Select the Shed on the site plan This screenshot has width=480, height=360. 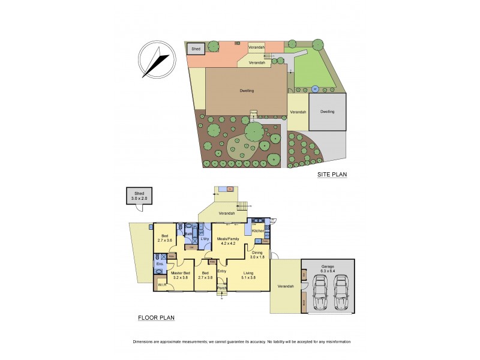(195, 49)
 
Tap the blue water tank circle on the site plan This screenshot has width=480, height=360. (314, 89)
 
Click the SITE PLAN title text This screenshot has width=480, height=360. (333, 175)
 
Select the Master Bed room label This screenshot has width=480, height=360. (180, 274)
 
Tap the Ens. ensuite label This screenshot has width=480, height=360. (160, 264)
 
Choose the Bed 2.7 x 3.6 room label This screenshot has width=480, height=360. (164, 238)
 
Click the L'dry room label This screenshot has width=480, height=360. (204, 239)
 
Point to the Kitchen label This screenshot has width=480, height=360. (258, 231)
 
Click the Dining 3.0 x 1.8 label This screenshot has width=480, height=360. (257, 254)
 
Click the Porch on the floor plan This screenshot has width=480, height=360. (221, 287)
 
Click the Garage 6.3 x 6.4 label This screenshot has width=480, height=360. (327, 268)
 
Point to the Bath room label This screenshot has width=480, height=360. (188, 234)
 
